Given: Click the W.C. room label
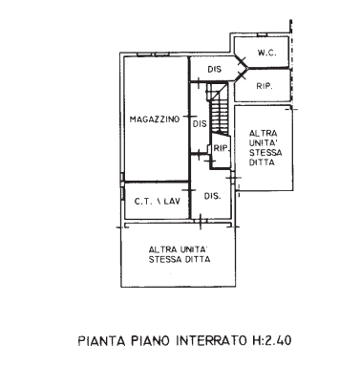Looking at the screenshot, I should pos(268,54).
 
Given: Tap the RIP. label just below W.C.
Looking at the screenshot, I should pos(267,87).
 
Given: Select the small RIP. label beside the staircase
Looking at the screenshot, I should pos(220,149).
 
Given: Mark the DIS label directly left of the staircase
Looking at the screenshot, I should pos(200,123).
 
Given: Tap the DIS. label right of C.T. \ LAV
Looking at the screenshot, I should pos(213,196).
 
